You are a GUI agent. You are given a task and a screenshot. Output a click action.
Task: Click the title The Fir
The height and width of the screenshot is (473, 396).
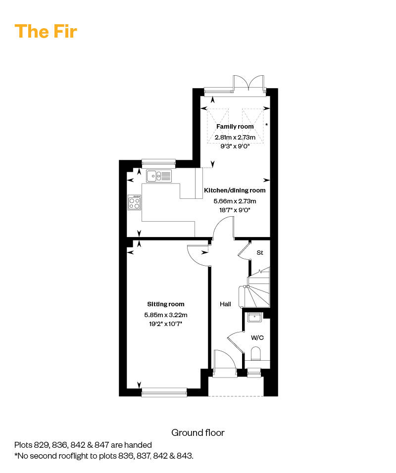[46, 31]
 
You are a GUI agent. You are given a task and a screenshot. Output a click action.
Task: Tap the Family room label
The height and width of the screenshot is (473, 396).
[235, 127]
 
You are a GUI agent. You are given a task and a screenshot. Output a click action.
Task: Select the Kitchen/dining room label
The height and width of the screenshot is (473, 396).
[235, 190]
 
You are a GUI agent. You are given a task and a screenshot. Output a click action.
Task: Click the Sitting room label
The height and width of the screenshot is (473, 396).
[165, 304]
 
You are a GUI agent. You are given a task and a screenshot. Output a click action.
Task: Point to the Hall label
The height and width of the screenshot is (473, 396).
[225, 304]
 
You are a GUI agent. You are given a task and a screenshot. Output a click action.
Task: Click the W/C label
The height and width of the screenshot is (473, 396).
[257, 338]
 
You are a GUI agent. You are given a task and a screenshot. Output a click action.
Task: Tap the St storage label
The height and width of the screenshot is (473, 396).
[259, 253]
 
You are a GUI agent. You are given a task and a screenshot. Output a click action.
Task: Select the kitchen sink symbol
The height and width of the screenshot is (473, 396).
[159, 175]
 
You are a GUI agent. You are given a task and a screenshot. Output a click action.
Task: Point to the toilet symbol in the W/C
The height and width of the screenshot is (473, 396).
[256, 354]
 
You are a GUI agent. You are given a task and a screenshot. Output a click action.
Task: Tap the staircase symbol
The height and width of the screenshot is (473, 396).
[257, 289]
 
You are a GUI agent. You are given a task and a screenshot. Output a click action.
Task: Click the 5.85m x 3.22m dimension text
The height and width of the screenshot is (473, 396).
[165, 315]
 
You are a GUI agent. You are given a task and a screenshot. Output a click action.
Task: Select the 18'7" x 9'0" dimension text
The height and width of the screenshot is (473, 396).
[235, 210]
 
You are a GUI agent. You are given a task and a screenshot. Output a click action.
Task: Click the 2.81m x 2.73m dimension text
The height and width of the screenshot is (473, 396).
[235, 137]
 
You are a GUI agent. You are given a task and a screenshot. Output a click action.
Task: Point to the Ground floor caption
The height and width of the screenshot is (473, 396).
[198, 433]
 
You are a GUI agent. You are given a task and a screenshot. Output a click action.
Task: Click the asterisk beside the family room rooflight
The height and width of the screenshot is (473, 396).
[267, 125]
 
